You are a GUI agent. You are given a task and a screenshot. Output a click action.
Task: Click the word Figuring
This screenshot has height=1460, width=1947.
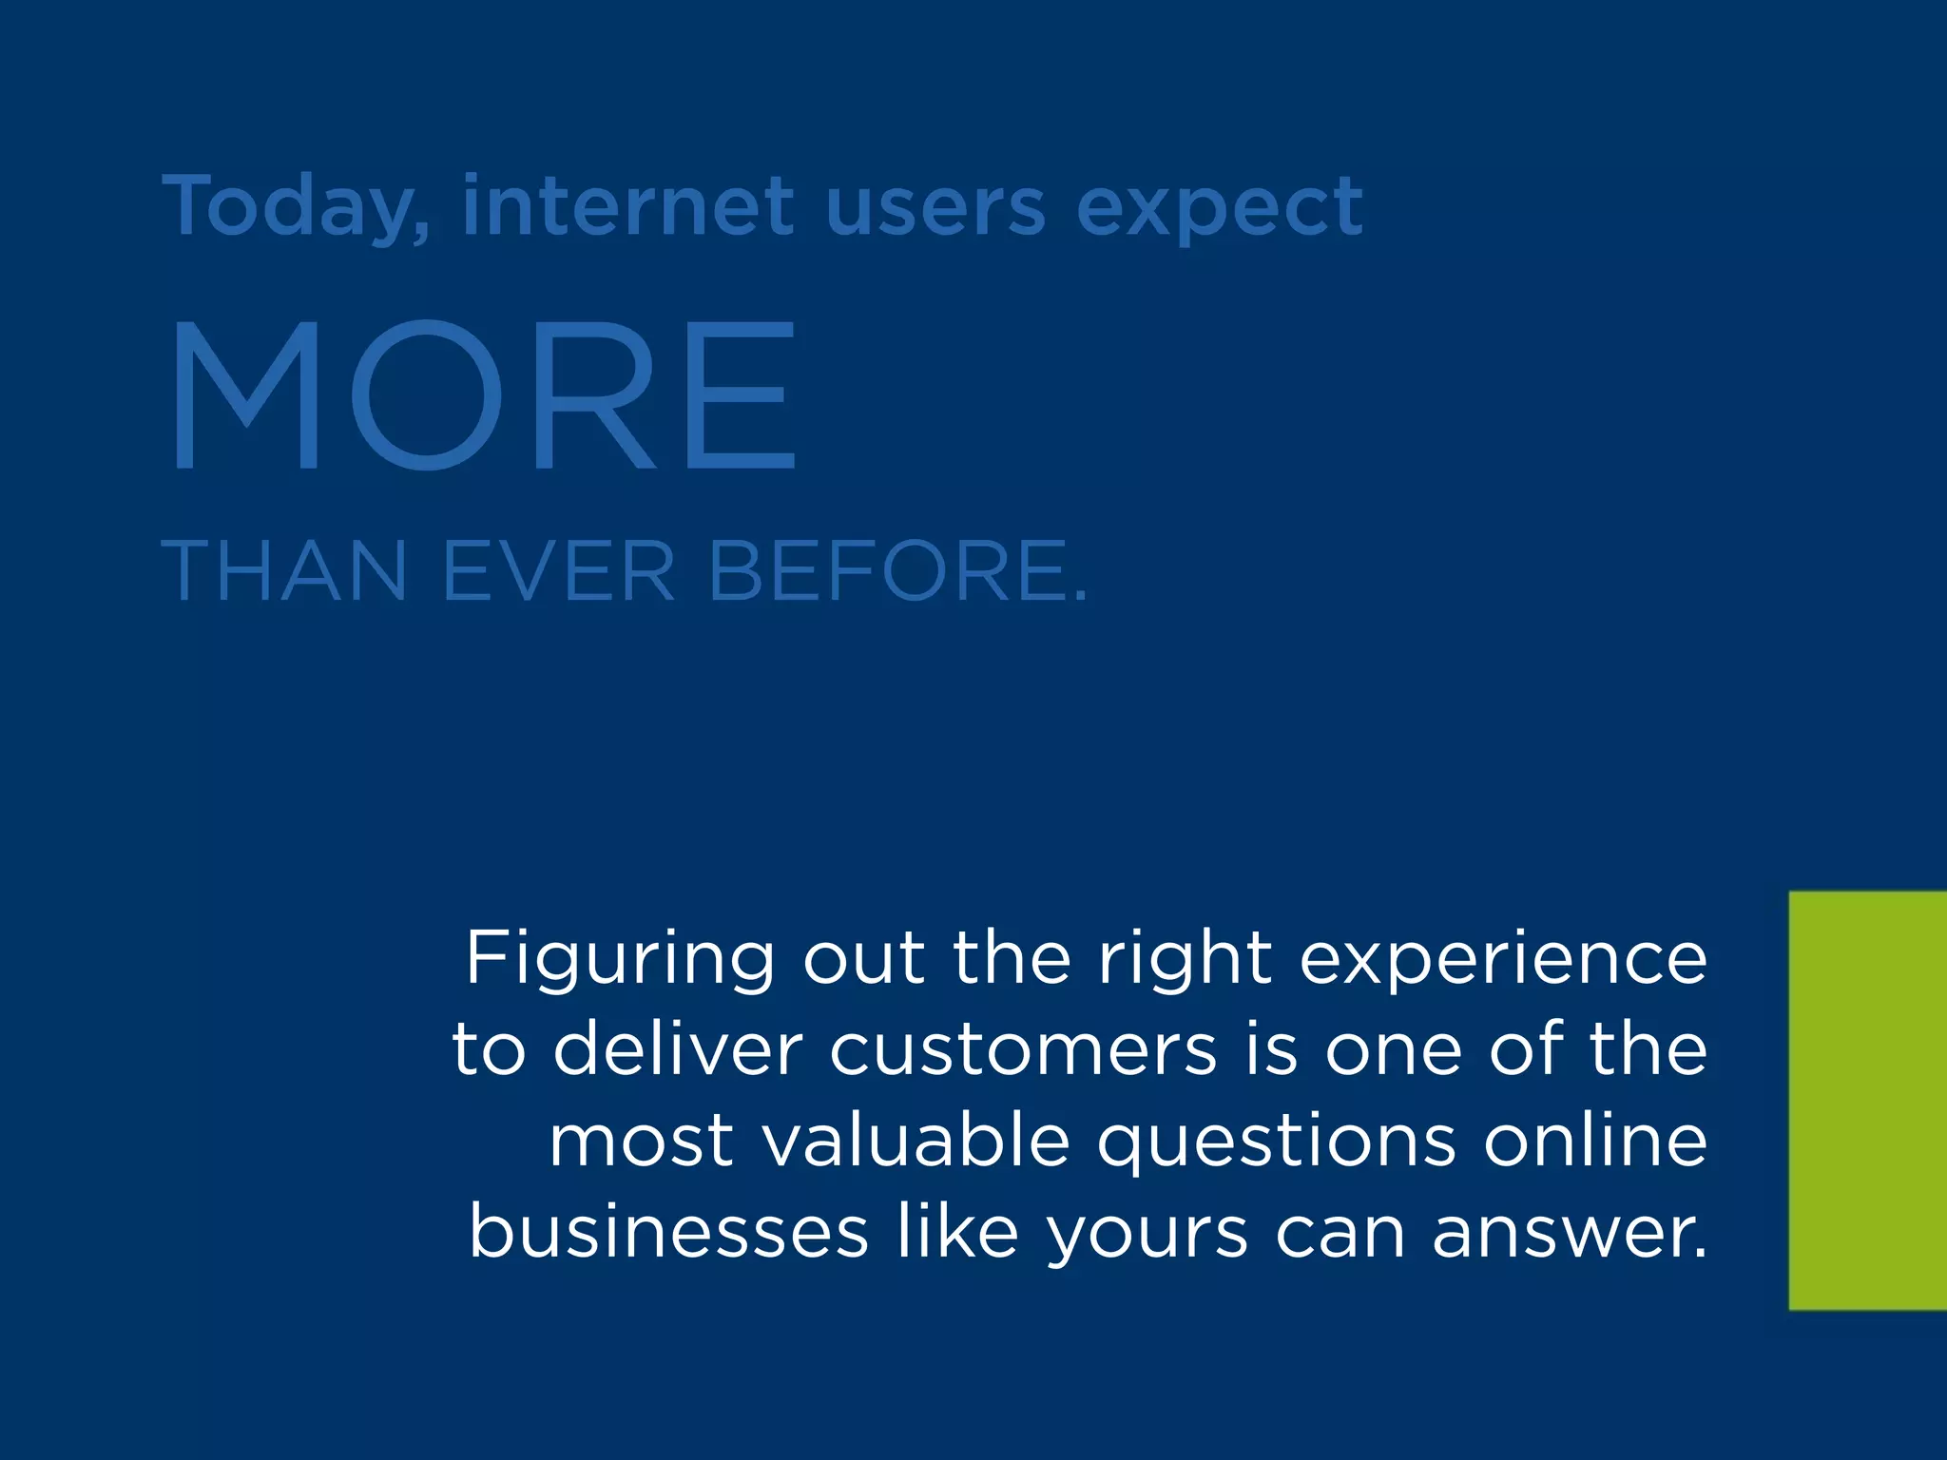click(620, 960)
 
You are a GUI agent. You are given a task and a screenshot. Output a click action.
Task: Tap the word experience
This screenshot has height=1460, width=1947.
click(1503, 960)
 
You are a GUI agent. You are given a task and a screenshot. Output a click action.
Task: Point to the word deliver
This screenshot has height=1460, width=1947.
click(678, 1049)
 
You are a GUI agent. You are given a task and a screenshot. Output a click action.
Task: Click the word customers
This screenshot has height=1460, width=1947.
click(1023, 1050)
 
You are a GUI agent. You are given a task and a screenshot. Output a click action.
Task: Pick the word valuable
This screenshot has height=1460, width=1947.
click(916, 1141)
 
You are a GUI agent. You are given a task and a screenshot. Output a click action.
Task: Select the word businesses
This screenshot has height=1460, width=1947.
click(668, 1232)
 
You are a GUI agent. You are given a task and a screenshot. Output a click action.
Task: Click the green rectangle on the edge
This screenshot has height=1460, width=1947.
click(1867, 1101)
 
